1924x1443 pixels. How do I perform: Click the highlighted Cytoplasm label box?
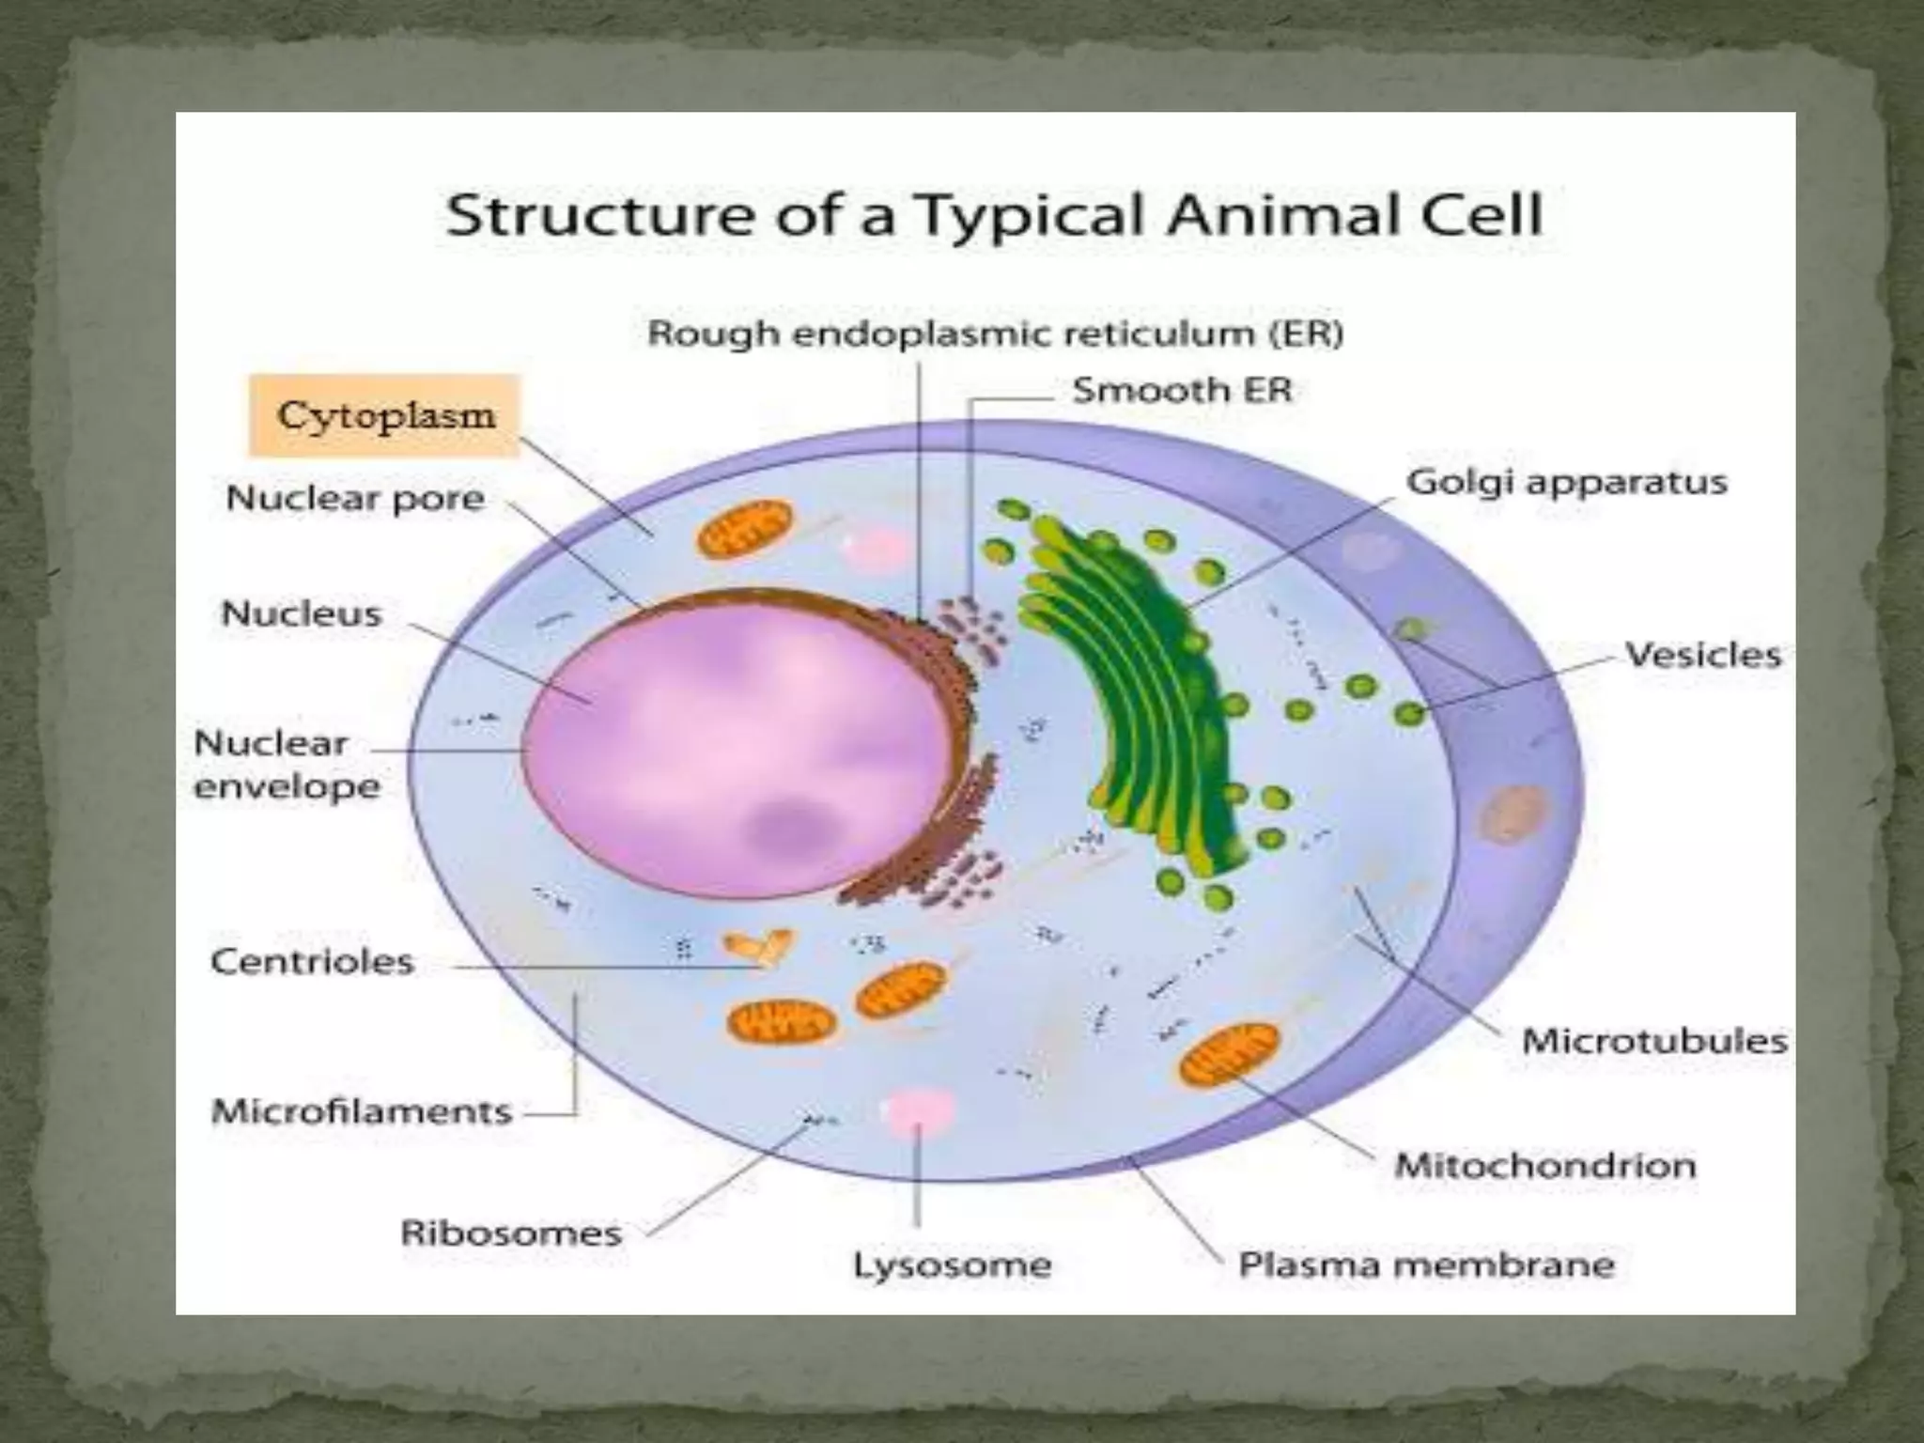coord(384,415)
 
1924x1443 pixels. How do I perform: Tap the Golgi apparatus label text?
coord(1566,482)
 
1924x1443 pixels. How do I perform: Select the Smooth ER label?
coord(1182,390)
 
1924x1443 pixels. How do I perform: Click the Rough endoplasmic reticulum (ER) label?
coord(995,334)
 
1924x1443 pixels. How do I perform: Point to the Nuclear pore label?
coord(355,498)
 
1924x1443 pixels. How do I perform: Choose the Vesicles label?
coord(1702,655)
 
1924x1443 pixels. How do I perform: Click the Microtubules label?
coord(1653,1041)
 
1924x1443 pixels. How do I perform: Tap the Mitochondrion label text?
coord(1545,1166)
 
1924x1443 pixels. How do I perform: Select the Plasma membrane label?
coord(1426,1265)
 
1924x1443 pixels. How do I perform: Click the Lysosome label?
coord(952,1265)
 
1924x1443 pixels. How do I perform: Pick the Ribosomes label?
coord(511,1233)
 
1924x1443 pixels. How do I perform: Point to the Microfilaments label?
coord(362,1111)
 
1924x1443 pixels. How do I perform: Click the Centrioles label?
coord(312,961)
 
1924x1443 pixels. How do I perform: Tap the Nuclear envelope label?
coord(287,765)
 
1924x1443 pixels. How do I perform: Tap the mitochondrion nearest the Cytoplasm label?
coord(744,529)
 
